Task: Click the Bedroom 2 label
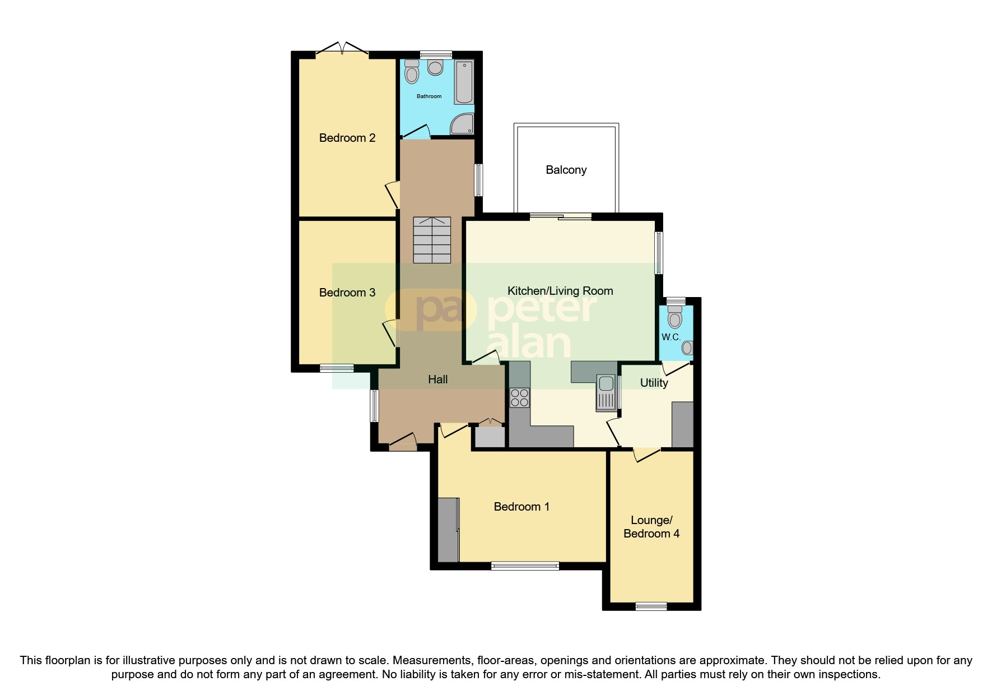(x=347, y=138)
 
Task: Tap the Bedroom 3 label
(x=347, y=293)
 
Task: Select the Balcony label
(x=566, y=170)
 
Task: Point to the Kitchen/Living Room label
(x=560, y=291)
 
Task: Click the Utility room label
(x=654, y=383)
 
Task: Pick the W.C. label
(x=670, y=337)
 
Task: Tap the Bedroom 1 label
(x=521, y=507)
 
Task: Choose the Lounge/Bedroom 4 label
(x=651, y=527)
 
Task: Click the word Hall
(x=437, y=379)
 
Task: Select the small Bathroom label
(x=429, y=96)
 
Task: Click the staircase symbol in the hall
(x=432, y=240)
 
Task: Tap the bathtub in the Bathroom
(x=464, y=82)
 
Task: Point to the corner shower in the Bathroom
(x=463, y=124)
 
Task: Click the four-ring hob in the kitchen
(x=519, y=398)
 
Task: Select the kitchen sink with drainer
(x=606, y=392)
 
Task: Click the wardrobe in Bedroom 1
(x=448, y=530)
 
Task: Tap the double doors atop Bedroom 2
(x=342, y=51)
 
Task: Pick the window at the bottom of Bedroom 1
(x=525, y=566)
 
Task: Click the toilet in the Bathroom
(x=412, y=72)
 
